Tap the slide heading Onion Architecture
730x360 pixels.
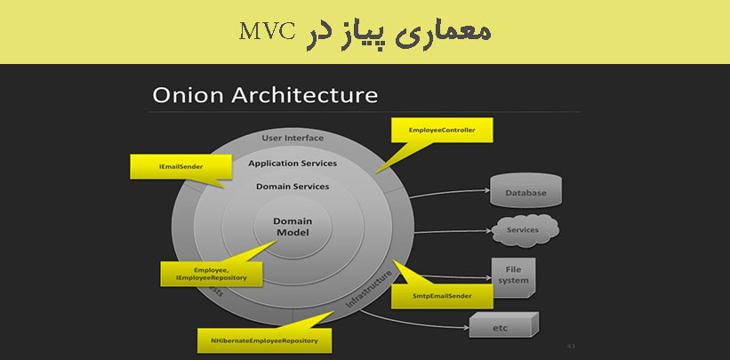click(x=265, y=95)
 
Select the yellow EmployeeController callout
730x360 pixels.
click(x=442, y=131)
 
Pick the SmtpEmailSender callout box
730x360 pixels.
click(x=442, y=294)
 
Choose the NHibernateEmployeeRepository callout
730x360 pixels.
click(x=264, y=340)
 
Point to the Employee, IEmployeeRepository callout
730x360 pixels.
click(x=211, y=274)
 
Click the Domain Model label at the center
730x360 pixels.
click(x=292, y=227)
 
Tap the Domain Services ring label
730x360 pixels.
click(x=293, y=187)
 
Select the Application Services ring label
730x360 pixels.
click(x=293, y=164)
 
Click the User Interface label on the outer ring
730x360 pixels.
click(x=293, y=139)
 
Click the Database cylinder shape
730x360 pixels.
click(x=525, y=192)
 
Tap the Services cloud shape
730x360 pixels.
click(x=523, y=230)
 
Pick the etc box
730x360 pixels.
click(x=501, y=327)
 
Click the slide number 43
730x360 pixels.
click(x=571, y=345)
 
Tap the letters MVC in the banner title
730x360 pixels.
click(x=266, y=32)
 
